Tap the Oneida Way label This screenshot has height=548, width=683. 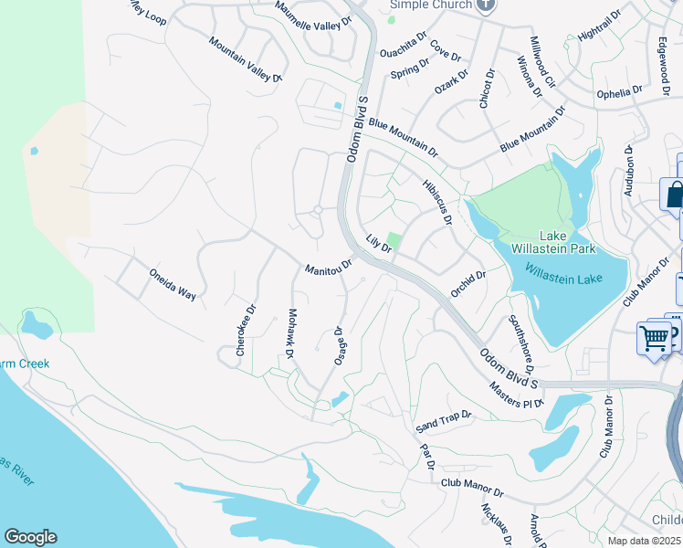173,284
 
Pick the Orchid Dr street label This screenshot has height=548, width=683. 468,284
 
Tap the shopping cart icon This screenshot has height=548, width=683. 655,338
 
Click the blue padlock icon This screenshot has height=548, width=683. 674,194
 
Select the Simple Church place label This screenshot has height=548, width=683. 431,5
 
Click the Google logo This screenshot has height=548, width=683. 30,537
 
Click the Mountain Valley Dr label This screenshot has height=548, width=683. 245,60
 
